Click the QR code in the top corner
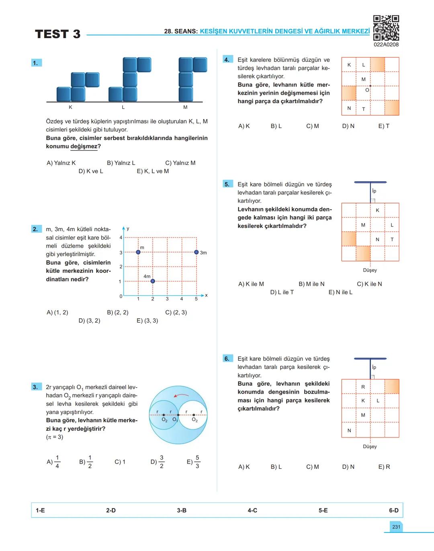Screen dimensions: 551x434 (x=386, y=28)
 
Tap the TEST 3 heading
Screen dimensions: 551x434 (x=57, y=34)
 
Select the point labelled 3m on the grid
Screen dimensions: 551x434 (x=196, y=252)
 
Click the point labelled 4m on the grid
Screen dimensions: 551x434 (x=153, y=281)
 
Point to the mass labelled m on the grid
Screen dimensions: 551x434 (x=138, y=252)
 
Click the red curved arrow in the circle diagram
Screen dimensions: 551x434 (x=181, y=395)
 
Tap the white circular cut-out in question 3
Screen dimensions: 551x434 (x=193, y=415)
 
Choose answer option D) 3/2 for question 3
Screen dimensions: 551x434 (x=158, y=462)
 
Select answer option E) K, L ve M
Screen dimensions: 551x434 (x=153, y=171)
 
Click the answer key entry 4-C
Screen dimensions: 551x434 (x=252, y=510)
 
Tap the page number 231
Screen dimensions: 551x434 (x=396, y=527)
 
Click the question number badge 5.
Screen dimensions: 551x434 (x=227, y=184)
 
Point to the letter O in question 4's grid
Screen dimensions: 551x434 (x=367, y=90)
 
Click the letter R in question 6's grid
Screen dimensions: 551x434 (x=363, y=387)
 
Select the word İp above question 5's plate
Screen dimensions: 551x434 (x=374, y=191)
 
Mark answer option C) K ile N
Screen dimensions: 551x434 (x=369, y=284)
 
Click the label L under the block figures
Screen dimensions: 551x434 (x=123, y=108)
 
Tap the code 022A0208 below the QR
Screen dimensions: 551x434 (x=386, y=45)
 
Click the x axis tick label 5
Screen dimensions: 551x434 (x=196, y=299)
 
